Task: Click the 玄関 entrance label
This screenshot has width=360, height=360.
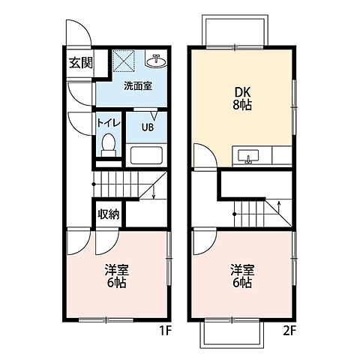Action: [x=81, y=62]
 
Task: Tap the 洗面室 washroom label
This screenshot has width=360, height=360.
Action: [x=138, y=86]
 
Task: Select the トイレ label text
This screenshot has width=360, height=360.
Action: [x=109, y=123]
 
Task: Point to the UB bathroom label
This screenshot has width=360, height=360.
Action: [x=148, y=127]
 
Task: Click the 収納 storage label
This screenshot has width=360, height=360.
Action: [x=109, y=214]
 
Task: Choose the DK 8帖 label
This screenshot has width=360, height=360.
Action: [x=242, y=99]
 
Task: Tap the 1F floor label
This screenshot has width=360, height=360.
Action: [x=165, y=331]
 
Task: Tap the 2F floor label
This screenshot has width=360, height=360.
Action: [x=289, y=331]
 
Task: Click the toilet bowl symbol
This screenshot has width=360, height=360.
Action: [x=109, y=145]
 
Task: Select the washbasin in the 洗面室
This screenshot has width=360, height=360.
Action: [x=156, y=61]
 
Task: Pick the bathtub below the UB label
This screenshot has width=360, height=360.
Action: [x=146, y=155]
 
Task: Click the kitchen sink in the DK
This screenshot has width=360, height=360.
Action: [x=248, y=157]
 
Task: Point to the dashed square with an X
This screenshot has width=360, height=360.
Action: [x=124, y=61]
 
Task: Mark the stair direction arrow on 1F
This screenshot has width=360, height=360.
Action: [x=154, y=193]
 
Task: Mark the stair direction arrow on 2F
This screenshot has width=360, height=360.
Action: [x=279, y=206]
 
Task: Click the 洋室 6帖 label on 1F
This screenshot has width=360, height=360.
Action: [x=116, y=276]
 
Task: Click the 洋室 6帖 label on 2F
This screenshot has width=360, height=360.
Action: [x=242, y=276]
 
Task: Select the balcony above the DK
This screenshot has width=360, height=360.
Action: [x=235, y=31]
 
